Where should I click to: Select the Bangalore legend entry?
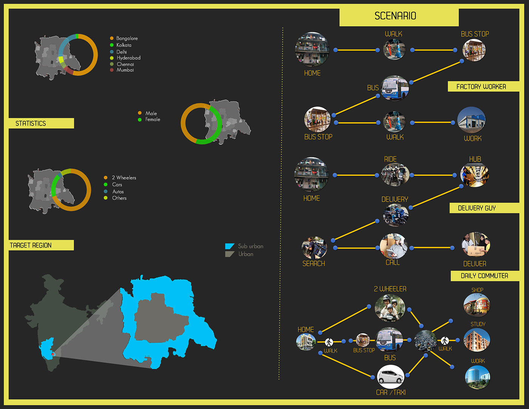tap(127, 38)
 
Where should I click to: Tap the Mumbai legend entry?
tap(125, 70)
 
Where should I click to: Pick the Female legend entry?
tap(152, 119)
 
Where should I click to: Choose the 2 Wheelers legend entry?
tap(124, 178)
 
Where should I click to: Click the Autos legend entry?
tap(118, 192)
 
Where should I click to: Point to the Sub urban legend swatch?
tap(230, 246)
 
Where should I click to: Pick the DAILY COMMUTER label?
tap(485, 276)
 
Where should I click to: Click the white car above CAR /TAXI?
tap(391, 376)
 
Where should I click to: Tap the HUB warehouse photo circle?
tap(475, 175)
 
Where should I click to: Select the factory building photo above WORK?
tap(471, 120)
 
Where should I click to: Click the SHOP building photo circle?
tap(476, 305)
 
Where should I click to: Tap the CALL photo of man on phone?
tap(393, 246)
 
